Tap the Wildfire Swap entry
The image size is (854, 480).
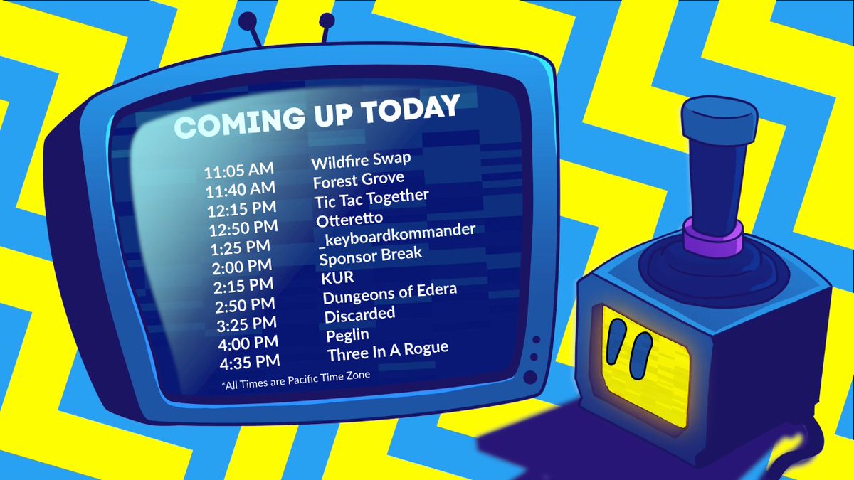361,158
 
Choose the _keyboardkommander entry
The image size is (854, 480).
396,235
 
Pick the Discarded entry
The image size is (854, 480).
359,314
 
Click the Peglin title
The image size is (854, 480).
348,334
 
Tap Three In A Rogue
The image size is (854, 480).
388,351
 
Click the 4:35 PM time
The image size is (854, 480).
251,362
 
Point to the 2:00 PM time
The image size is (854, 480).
243,267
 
